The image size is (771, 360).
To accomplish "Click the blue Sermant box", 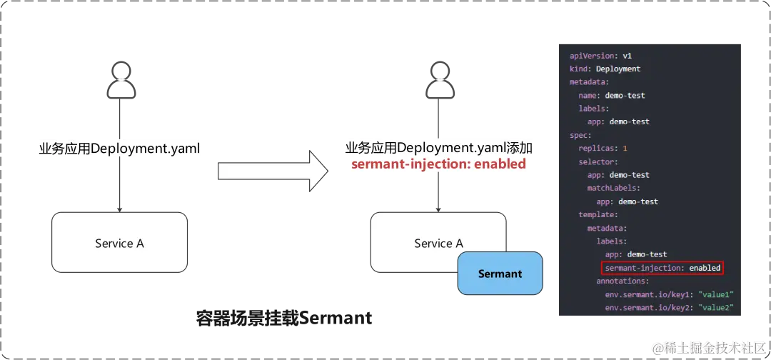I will click(x=500, y=274).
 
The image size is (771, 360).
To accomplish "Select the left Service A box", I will click(x=119, y=243).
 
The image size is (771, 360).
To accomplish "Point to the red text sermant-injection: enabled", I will click(x=438, y=164).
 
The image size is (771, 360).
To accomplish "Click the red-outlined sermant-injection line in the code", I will click(x=662, y=268).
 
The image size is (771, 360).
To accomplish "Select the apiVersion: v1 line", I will click(x=600, y=56).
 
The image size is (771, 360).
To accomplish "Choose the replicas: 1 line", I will click(x=603, y=149).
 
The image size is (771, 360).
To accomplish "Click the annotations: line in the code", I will click(x=623, y=281).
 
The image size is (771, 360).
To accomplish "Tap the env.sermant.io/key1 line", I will click(x=669, y=294).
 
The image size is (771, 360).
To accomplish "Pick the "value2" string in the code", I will click(x=716, y=308).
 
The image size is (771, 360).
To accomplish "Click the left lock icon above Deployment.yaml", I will click(x=119, y=81).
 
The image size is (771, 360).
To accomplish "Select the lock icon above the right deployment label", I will click(x=438, y=81).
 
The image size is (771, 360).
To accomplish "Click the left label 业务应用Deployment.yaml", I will click(x=119, y=149).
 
